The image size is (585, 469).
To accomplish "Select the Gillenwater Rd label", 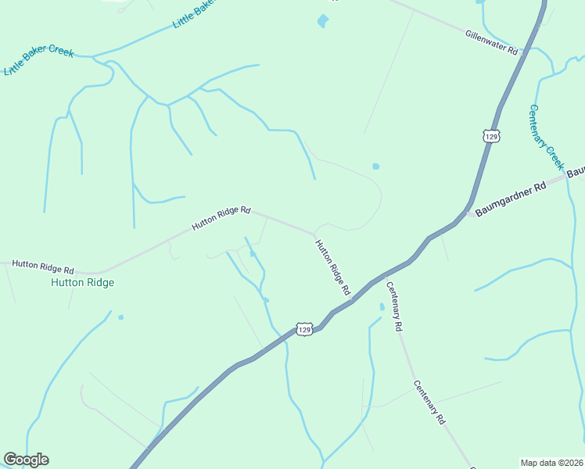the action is tap(492, 42).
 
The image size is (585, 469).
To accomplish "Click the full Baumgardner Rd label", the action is tap(511, 195).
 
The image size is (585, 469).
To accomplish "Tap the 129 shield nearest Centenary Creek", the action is tap(490, 136).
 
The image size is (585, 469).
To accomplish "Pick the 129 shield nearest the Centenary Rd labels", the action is tap(305, 329).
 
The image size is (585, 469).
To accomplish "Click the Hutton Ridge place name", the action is tap(82, 282).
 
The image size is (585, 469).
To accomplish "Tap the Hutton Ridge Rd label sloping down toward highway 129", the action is tap(332, 267).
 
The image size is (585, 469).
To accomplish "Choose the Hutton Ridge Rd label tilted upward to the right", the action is tap(221, 219).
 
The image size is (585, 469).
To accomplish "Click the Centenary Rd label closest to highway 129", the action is tap(393, 306).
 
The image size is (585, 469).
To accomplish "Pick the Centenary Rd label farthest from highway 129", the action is tap(429, 402).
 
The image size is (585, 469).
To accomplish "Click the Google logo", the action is tap(26, 460).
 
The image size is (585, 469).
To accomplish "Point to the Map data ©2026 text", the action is tap(551, 463).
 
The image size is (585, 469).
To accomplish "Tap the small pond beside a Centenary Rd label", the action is tap(382, 307).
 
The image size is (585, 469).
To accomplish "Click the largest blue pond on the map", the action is tap(322, 21).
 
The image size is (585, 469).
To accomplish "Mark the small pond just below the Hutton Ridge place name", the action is tap(120, 317).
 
